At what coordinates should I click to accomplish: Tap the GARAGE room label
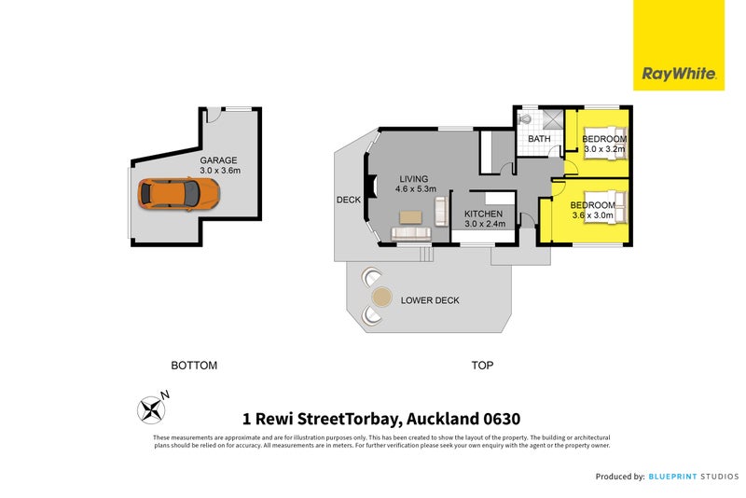218,160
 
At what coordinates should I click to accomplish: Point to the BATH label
539,140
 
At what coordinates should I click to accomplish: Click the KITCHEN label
484,214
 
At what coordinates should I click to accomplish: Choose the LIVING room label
413,178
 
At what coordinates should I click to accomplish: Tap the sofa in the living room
411,233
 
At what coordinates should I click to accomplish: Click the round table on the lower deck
381,297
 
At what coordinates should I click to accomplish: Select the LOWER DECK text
430,300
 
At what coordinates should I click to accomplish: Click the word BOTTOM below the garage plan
194,366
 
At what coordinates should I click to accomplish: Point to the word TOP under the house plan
482,366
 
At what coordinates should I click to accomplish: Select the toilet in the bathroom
525,119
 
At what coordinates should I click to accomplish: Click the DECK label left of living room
349,200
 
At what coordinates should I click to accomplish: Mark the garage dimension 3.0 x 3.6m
220,171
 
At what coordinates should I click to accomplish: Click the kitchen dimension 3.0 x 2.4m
484,224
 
